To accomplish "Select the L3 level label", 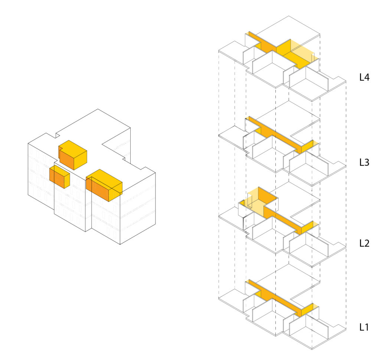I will [x=365, y=162].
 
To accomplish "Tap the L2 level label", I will [x=365, y=243].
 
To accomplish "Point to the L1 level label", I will [x=365, y=327].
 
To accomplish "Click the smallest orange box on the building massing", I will [x=59, y=177].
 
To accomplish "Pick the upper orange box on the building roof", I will [x=73, y=155].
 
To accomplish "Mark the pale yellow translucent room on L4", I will [x=301, y=50].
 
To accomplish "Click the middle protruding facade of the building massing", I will [x=72, y=204].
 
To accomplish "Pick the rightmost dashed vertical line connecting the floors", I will [x=346, y=208].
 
